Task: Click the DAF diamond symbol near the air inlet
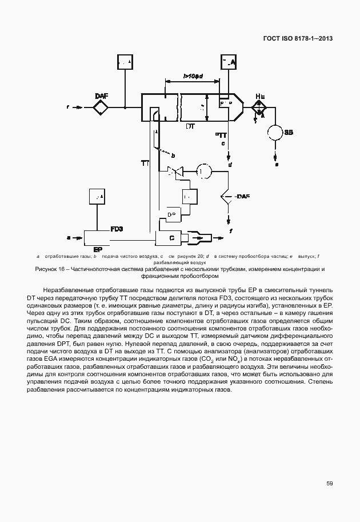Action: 101,107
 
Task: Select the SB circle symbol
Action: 276,132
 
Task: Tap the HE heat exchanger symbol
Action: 258,107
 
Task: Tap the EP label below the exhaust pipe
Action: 98,250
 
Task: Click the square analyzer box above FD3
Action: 98,196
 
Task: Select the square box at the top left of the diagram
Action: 125,62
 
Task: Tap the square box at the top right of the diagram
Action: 228,62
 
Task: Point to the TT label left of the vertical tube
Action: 145,163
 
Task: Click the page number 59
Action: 330,483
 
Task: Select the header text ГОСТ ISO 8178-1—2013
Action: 298,38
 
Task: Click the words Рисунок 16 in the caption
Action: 50,269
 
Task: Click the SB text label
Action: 289,132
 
